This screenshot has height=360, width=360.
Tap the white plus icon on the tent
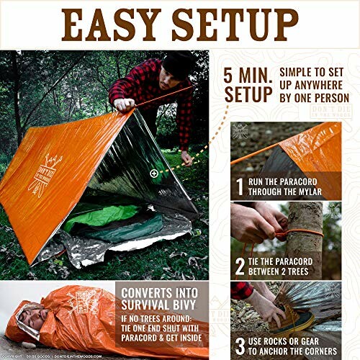(153, 174)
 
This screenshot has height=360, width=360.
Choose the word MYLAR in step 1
(328, 192)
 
